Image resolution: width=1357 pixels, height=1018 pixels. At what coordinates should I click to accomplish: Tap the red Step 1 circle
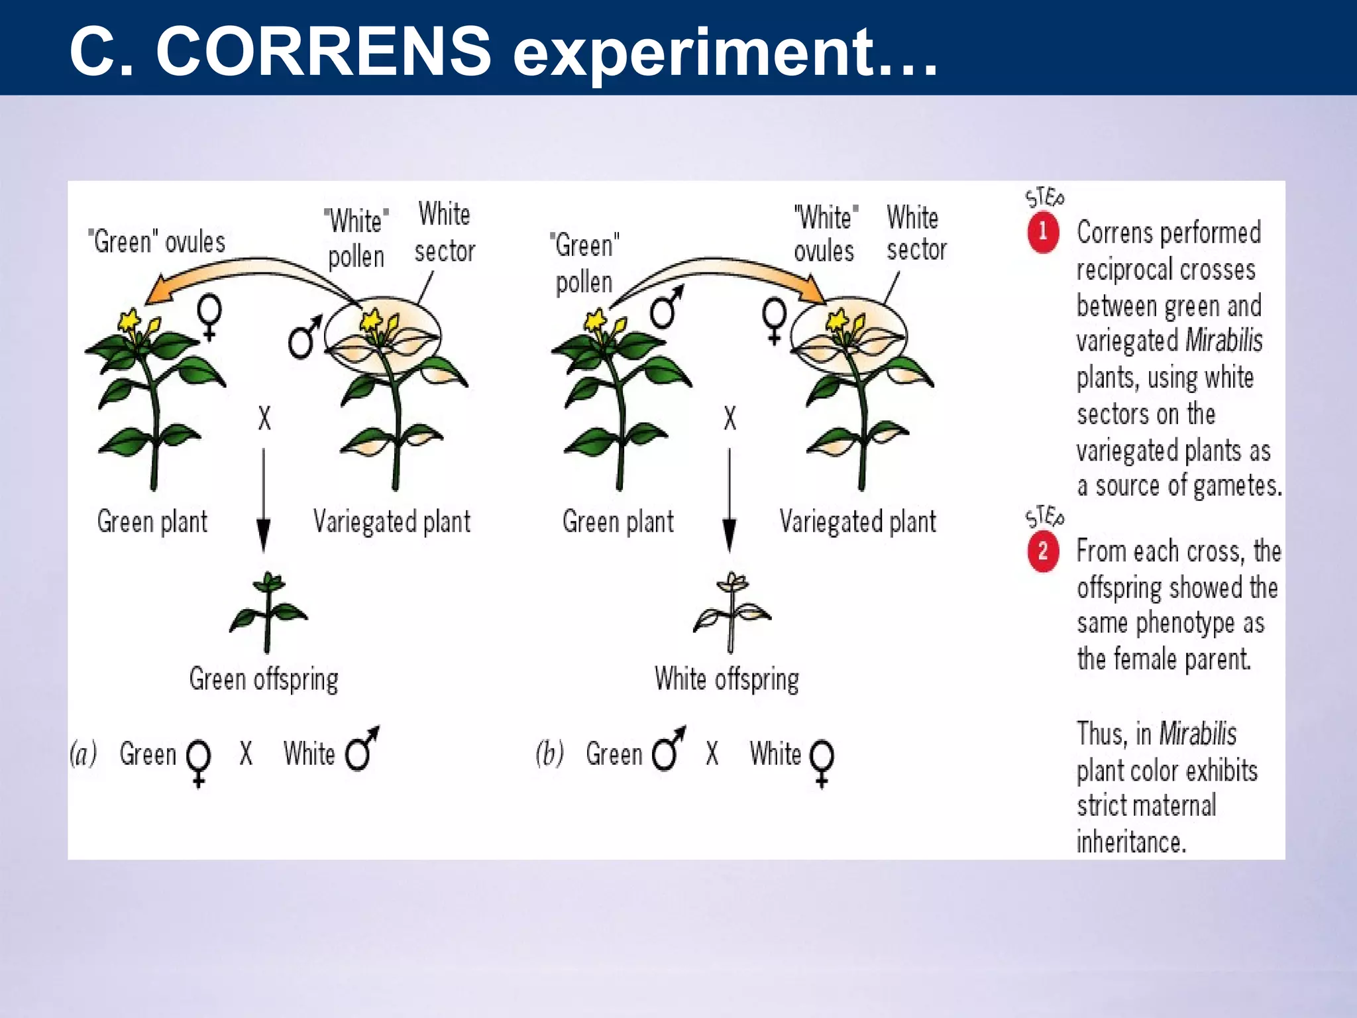(1043, 232)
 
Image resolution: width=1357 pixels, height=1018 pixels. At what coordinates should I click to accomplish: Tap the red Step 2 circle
(1043, 551)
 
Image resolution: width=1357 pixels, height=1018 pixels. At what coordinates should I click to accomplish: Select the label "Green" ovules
(157, 242)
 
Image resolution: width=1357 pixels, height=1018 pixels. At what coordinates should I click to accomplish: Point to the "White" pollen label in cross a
(356, 239)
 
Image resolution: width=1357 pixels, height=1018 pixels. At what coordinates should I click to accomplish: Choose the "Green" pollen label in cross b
(584, 264)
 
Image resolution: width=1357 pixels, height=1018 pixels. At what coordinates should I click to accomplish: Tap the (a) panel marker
(83, 754)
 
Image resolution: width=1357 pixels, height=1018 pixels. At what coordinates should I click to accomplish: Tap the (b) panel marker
(549, 754)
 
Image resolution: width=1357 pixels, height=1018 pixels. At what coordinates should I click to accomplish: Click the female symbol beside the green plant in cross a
(209, 316)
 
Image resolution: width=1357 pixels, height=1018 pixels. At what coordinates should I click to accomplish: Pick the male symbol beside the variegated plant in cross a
(303, 337)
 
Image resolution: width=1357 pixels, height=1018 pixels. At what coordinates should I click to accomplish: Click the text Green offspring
(264, 679)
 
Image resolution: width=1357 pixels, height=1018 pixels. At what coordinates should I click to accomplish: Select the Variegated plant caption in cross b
(857, 522)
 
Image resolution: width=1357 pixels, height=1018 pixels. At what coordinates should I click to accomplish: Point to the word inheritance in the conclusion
(1130, 842)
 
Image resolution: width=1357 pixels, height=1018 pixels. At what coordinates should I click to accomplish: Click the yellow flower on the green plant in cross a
(131, 321)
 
